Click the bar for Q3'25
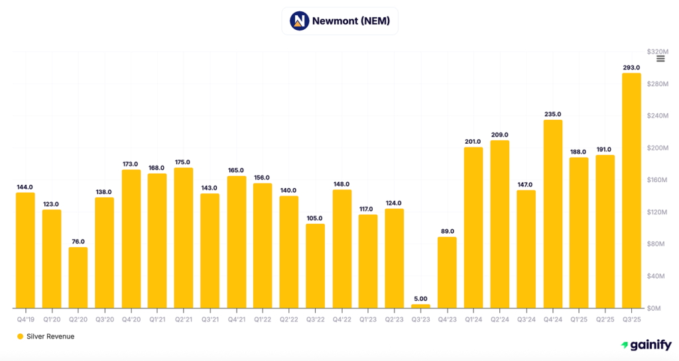(631, 191)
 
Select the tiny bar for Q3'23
(420, 306)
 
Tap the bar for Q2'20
(78, 278)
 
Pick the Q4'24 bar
(552, 214)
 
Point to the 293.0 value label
(631, 68)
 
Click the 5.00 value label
(420, 299)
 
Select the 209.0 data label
(500, 134)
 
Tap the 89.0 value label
(447, 231)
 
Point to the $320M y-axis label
(657, 52)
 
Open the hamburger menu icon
(660, 59)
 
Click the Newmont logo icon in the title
(300, 21)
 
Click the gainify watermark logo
(646, 344)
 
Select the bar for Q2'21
(184, 238)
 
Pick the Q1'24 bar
(473, 227)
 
